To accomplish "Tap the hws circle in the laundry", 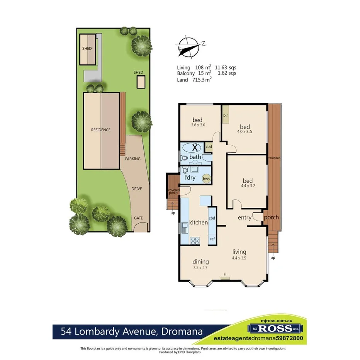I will point(206,178).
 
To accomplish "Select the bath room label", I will point(195,157).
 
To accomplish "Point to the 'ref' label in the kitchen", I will point(212,239).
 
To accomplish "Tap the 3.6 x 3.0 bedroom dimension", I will point(197,125).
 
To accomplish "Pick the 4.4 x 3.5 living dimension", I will point(239,258).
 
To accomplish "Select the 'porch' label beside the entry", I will point(271,217).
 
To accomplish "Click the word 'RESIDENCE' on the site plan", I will point(101,130).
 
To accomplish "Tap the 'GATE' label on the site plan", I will point(138,218).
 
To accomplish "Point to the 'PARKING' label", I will point(132,159).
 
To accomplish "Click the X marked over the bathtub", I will point(195,147).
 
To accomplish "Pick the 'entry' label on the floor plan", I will point(244,217).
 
